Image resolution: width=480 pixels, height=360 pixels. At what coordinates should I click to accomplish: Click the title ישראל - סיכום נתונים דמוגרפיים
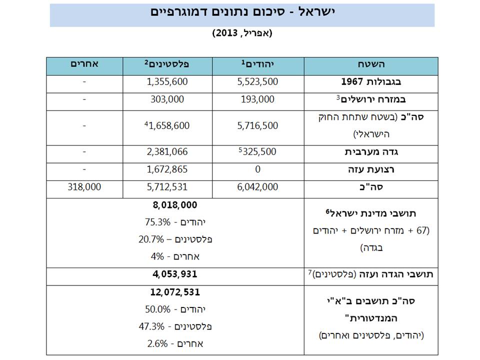point(242,12)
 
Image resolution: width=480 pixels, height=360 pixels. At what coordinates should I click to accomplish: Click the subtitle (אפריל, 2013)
point(242,33)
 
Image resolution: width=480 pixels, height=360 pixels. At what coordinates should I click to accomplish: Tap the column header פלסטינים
point(167,64)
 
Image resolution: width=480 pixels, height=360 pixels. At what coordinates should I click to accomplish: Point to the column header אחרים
point(84,64)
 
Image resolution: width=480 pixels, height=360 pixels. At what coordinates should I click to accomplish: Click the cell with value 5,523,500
point(257,82)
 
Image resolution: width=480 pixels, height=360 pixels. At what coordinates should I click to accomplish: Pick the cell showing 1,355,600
point(167,82)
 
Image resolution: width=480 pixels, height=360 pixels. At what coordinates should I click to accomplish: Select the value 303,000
point(167,99)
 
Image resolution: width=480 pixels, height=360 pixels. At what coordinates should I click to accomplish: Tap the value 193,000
point(257,99)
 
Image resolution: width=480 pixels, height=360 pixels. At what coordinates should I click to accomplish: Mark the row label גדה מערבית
point(370,152)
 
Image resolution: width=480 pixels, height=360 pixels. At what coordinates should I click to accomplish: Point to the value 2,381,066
point(167,152)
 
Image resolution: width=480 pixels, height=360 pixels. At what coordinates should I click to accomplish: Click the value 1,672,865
point(167,169)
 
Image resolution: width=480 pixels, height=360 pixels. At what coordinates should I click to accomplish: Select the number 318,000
point(84,187)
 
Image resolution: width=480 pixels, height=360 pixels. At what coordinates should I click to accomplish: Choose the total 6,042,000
point(257,187)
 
